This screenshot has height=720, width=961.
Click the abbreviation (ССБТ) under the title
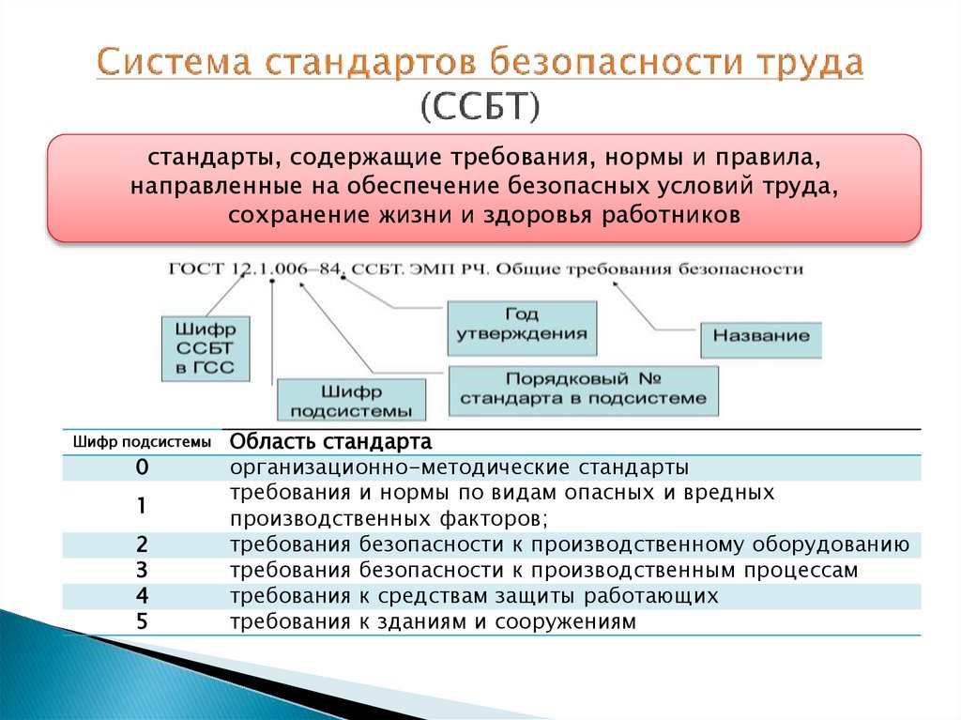pyautogui.click(x=480, y=106)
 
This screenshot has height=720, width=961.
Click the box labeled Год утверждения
pyautogui.click(x=522, y=326)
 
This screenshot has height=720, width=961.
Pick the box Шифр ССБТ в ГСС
pyautogui.click(x=206, y=347)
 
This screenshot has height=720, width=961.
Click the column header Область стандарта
pyautogui.click(x=331, y=441)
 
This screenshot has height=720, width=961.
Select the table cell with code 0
pyautogui.click(x=142, y=467)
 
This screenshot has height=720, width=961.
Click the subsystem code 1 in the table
pyautogui.click(x=142, y=506)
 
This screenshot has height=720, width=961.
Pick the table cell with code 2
pyautogui.click(x=142, y=544)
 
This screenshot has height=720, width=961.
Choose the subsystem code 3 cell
pyautogui.click(x=142, y=570)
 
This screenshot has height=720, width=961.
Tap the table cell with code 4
pyautogui.click(x=142, y=595)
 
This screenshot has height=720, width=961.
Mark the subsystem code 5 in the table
pyautogui.click(x=142, y=620)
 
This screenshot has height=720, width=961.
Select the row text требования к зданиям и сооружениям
pyautogui.click(x=433, y=620)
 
